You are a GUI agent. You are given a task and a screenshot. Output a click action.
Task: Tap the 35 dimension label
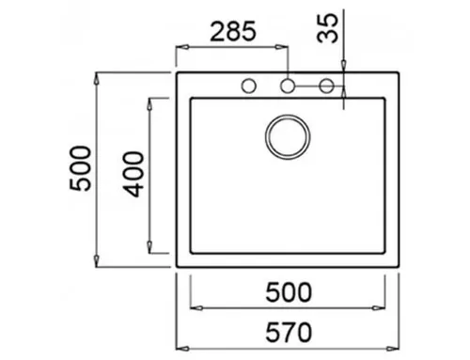(327, 27)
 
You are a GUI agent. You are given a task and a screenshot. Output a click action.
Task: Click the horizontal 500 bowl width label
(287, 293)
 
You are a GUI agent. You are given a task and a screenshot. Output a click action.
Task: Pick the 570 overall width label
(287, 333)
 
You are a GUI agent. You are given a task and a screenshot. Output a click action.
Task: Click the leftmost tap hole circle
(250, 86)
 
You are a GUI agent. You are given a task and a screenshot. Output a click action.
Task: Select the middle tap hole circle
(288, 86)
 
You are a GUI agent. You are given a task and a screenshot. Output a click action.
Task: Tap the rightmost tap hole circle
(326, 86)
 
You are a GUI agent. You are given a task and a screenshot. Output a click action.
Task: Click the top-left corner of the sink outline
(178, 71)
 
